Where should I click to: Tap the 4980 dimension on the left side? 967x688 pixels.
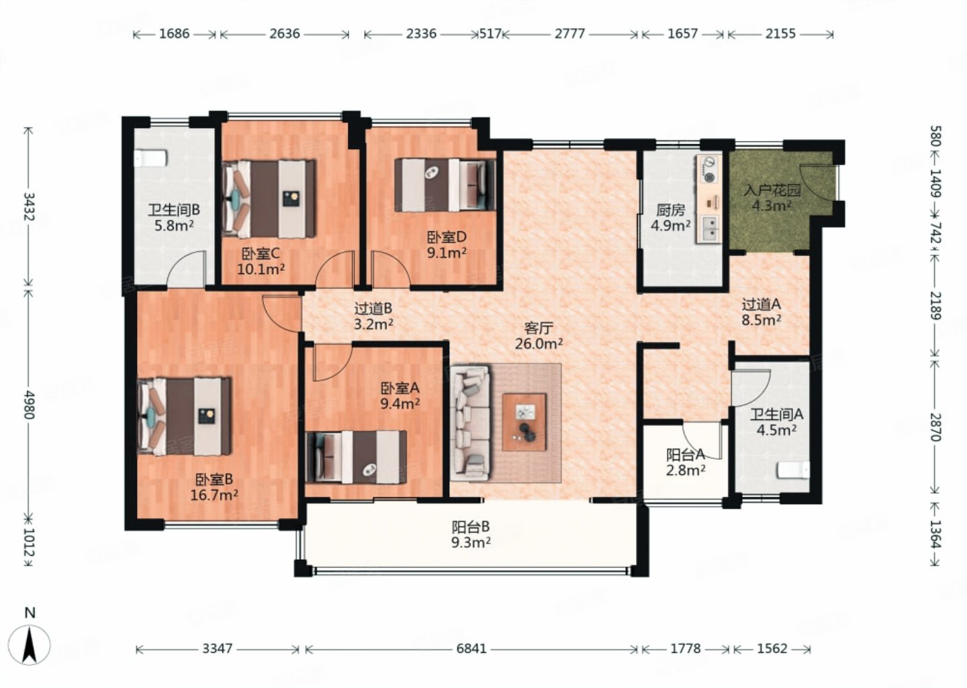pyautogui.click(x=28, y=404)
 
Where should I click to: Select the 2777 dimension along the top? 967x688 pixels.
pyautogui.click(x=570, y=34)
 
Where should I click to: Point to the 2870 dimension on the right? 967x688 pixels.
pyautogui.click(x=935, y=427)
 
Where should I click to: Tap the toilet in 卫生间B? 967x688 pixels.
pyautogui.click(x=150, y=158)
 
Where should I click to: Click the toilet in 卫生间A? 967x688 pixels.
pyautogui.click(x=794, y=470)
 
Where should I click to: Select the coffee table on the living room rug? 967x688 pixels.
pyautogui.click(x=524, y=422)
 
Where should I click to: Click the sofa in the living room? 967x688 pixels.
pyautogui.click(x=470, y=423)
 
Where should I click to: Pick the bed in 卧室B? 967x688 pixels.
pyautogui.click(x=184, y=417)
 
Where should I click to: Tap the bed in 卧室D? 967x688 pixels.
pyautogui.click(x=445, y=185)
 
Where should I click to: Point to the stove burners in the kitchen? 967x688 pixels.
pyautogui.click(x=708, y=169)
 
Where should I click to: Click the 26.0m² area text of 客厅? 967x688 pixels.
pyautogui.click(x=539, y=344)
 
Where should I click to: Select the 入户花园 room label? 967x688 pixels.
pyautogui.click(x=772, y=190)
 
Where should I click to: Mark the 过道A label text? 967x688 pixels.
pyautogui.click(x=761, y=304)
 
